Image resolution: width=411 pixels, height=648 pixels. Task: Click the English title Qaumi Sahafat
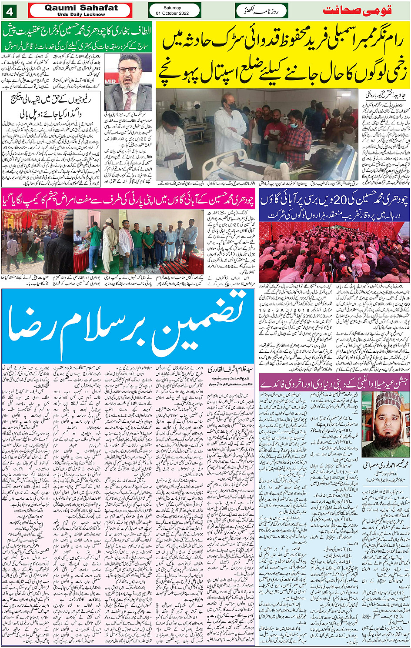point(81,7)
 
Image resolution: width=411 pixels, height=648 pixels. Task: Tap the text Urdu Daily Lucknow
point(81,14)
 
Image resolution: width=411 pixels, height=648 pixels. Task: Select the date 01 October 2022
point(175,13)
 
